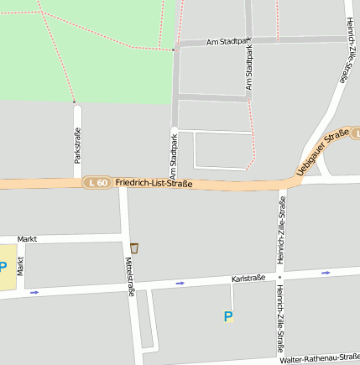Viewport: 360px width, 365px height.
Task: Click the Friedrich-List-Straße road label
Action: coord(154,184)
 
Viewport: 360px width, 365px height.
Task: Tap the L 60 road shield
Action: coord(97,182)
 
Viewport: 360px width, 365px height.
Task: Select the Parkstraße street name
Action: coord(76,145)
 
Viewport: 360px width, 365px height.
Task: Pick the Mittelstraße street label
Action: coord(131,278)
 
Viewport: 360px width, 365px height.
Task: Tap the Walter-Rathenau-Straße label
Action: coord(319,357)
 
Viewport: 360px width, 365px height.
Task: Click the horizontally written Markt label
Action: coord(27,239)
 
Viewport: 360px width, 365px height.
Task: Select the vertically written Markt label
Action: coord(21,270)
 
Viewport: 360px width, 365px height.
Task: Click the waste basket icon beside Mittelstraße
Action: coord(134,248)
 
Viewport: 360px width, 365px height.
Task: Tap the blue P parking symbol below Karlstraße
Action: coord(227,316)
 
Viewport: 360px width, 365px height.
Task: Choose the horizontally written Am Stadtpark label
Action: coord(228,40)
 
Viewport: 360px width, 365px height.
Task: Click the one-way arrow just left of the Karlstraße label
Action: coord(180,283)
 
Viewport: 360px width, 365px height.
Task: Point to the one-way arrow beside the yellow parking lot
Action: coord(34,292)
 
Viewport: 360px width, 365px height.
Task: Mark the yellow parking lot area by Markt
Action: coord(7,268)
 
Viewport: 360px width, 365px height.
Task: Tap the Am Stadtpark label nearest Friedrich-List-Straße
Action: coord(174,152)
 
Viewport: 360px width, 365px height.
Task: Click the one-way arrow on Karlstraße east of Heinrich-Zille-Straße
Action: coord(325,273)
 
